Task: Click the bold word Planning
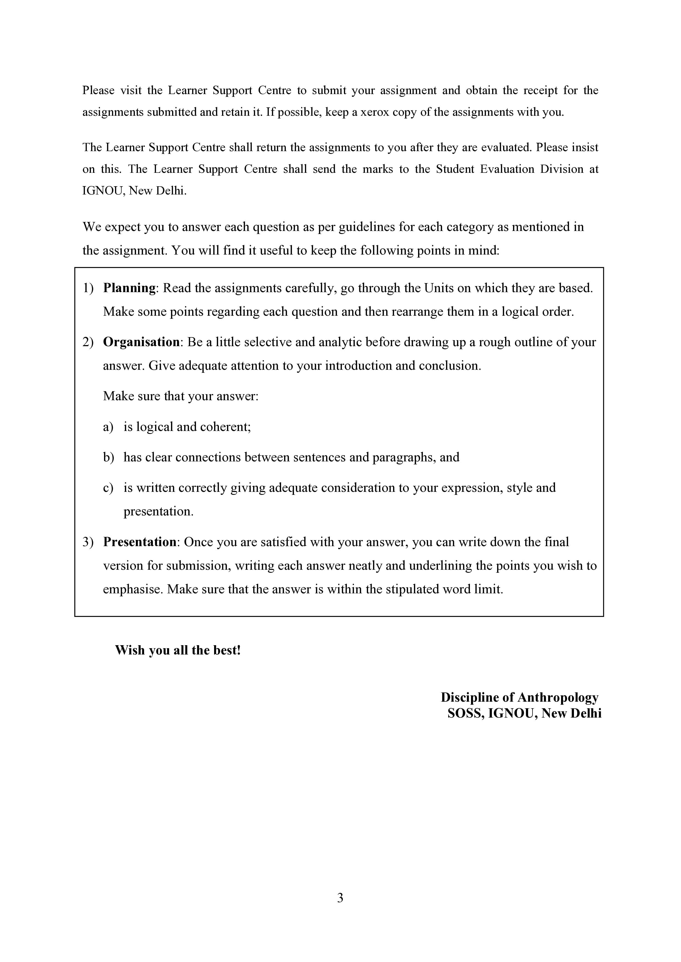(x=129, y=288)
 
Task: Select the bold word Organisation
(x=141, y=342)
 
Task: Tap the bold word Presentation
(x=140, y=542)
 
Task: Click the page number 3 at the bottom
(x=340, y=898)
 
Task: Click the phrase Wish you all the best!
(x=178, y=650)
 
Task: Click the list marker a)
(x=108, y=427)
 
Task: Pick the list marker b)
(x=108, y=458)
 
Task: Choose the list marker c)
(x=108, y=488)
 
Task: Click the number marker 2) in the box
(x=88, y=342)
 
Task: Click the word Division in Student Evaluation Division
(x=562, y=169)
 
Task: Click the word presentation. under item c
(x=158, y=512)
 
